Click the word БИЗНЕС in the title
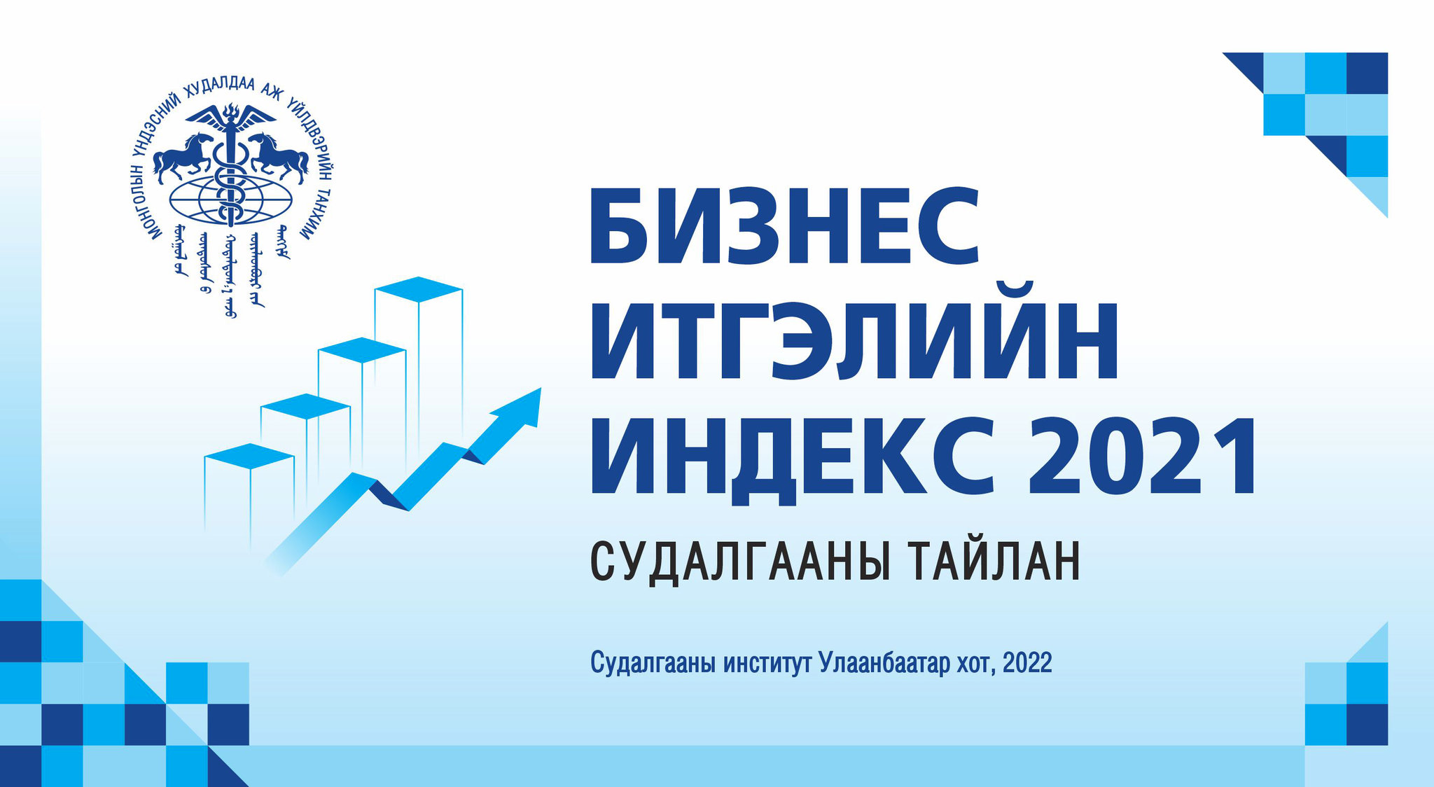point(784,227)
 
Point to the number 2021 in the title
point(1141,456)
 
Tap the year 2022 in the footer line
point(1027,662)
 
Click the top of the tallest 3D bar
point(419,288)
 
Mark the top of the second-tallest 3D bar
point(362,349)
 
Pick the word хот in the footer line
point(976,662)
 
